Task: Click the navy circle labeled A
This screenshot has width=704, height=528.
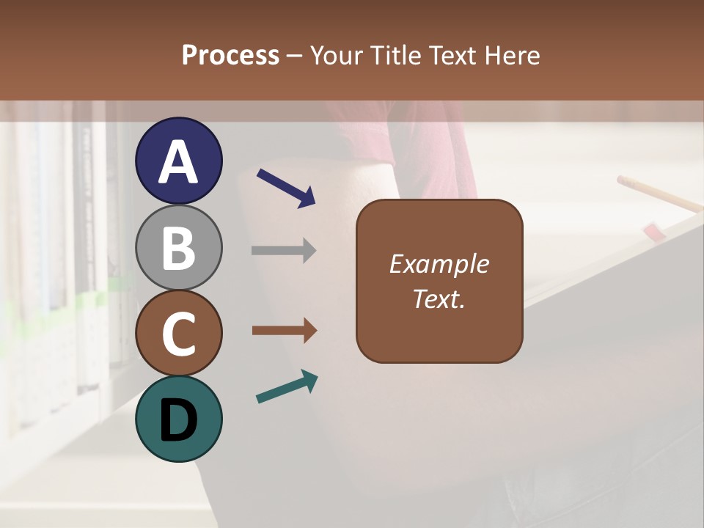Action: (178, 161)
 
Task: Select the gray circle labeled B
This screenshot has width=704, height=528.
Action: (178, 247)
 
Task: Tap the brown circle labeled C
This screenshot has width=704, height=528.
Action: (178, 333)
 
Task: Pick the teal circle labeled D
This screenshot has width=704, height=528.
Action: (178, 419)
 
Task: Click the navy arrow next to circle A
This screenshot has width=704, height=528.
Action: (286, 188)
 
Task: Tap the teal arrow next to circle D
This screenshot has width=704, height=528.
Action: (287, 386)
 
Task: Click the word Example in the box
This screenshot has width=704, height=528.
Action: (439, 264)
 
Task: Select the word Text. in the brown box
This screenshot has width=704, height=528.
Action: (439, 299)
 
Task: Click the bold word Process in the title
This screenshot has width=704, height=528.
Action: (230, 55)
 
